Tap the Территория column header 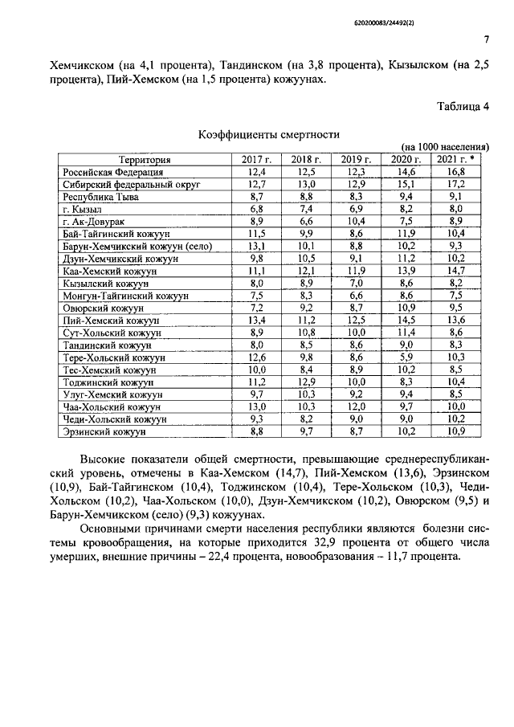pos(143,160)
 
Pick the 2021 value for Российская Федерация pos(456,172)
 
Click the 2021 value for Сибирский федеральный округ pos(456,184)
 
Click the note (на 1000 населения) pos(445,147)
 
